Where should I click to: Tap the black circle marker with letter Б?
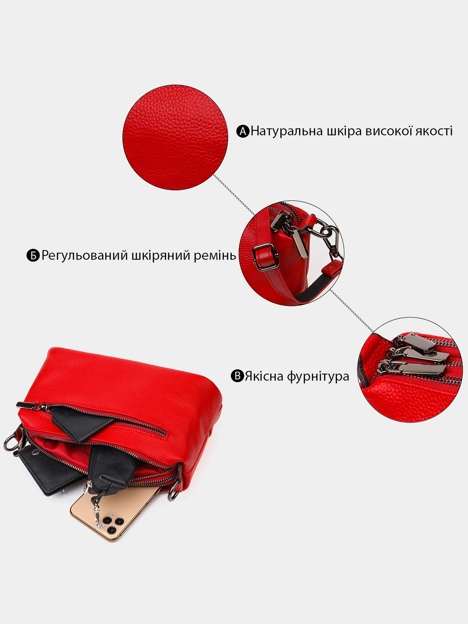click(x=33, y=255)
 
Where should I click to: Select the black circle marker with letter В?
click(x=237, y=376)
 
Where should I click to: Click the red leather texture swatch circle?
click(x=175, y=137)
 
